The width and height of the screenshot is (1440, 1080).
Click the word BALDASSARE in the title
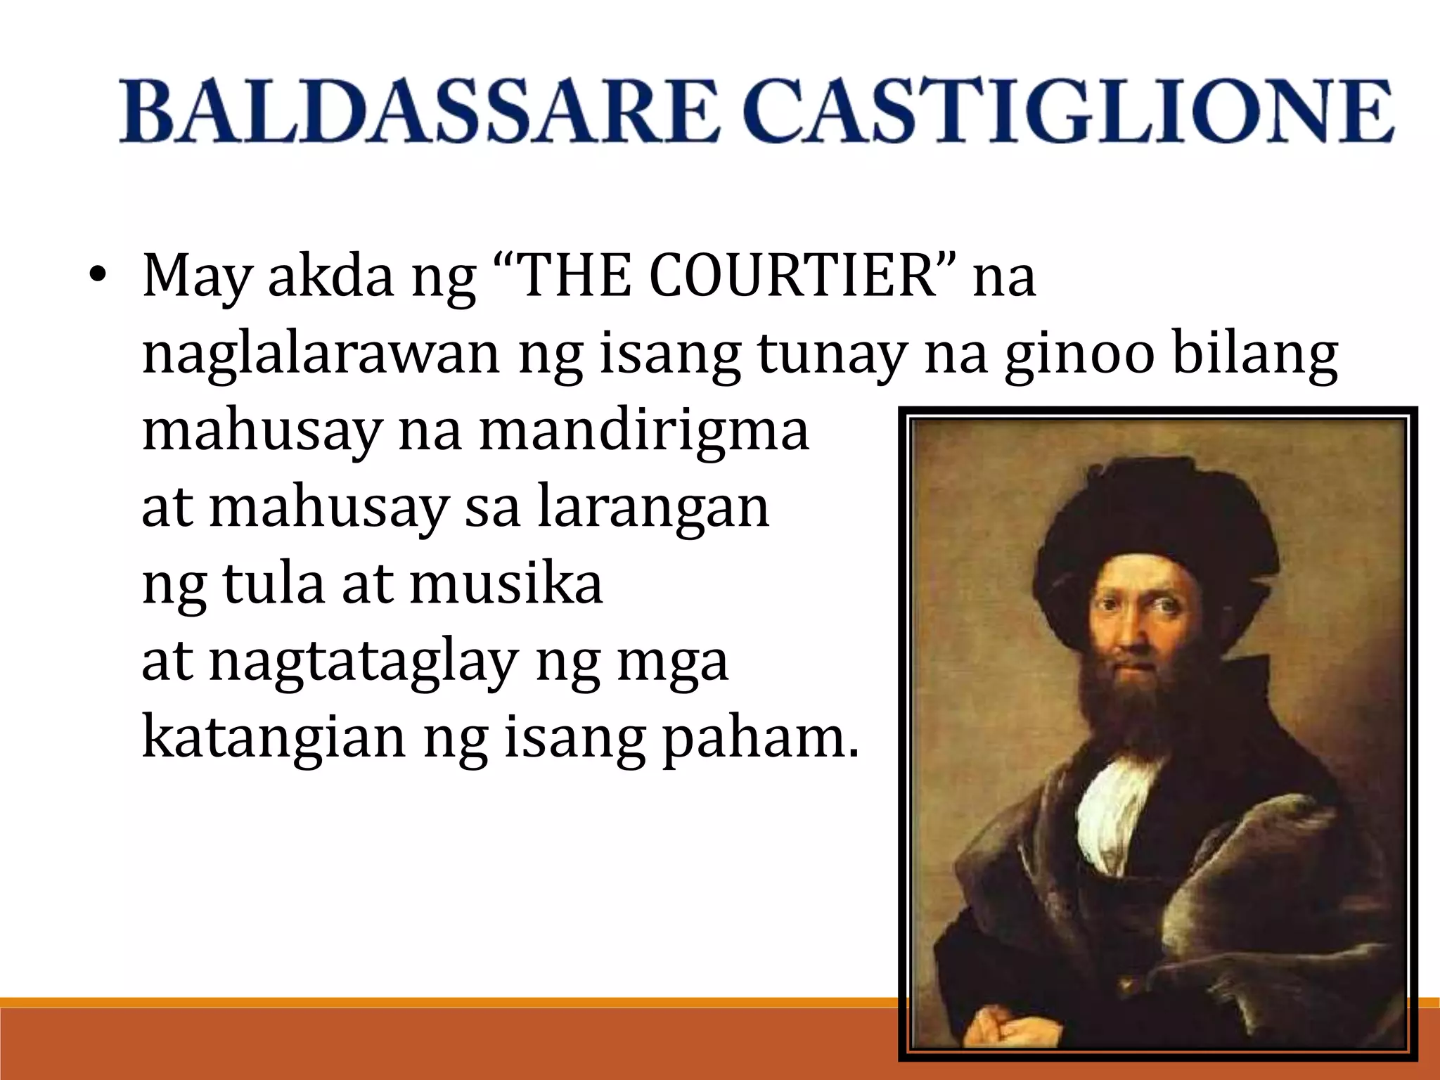[419, 112]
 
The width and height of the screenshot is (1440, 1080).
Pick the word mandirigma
[644, 430]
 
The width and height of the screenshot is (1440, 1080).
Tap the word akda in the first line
[330, 276]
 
